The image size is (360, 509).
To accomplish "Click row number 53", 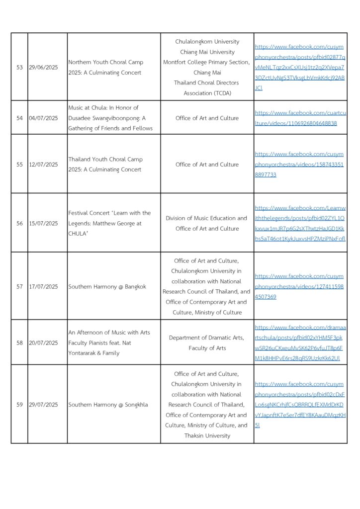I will tap(19, 67).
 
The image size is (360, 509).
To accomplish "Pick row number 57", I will tap(19, 286).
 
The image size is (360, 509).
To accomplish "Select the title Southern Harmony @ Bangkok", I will tap(107, 286).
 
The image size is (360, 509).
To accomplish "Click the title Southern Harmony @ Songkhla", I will tap(108, 405).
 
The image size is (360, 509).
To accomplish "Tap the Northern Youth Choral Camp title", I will tap(105, 62).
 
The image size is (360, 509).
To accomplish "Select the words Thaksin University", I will tap(207, 435).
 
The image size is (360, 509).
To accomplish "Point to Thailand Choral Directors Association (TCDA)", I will tap(207, 88).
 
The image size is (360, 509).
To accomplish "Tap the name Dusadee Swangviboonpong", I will tap(105, 118).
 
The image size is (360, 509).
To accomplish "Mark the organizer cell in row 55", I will tap(207, 165).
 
